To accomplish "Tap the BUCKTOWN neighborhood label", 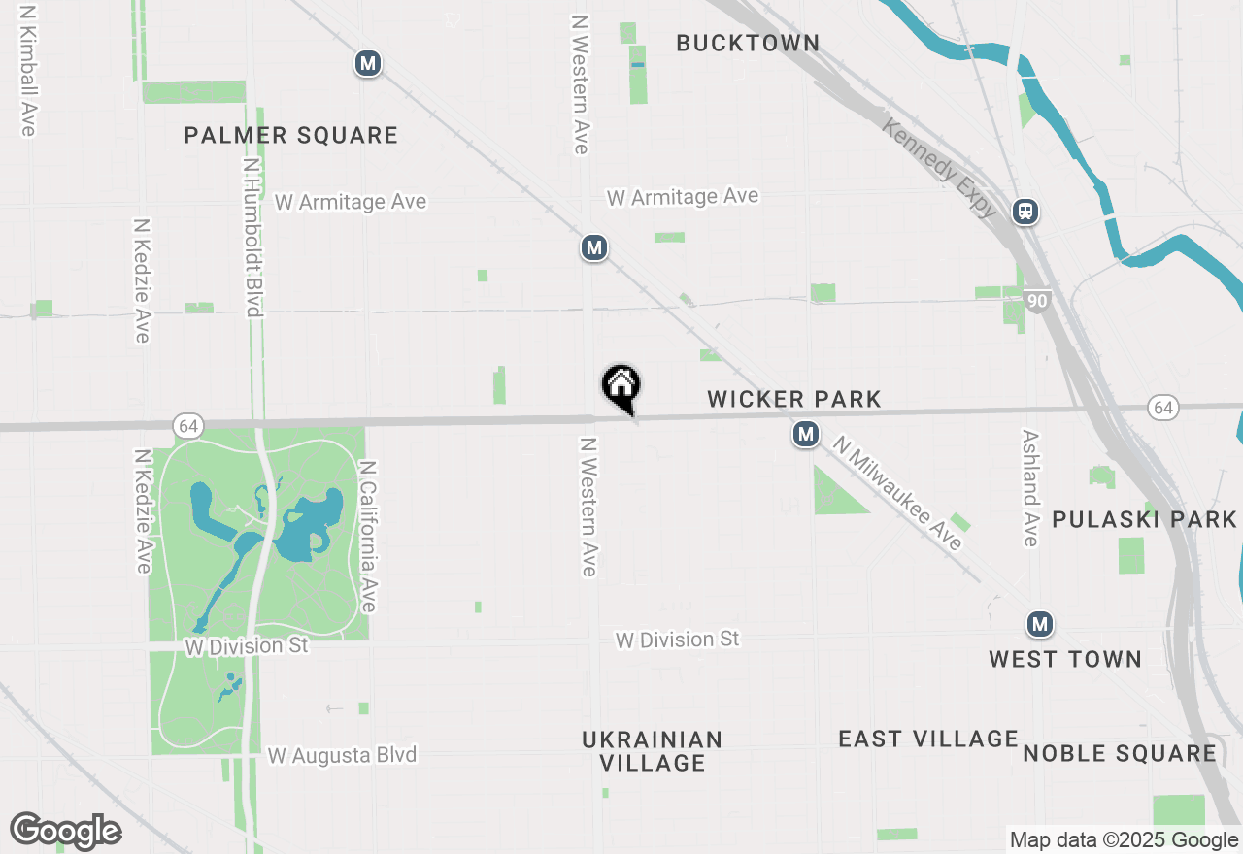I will [x=748, y=43].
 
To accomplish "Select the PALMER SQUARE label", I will [x=291, y=135].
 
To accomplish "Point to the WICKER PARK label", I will [x=794, y=399].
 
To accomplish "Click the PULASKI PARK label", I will [x=1145, y=519].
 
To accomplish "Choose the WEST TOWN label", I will [x=1065, y=659].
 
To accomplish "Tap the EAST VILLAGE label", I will [x=928, y=739].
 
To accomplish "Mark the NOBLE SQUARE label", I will [x=1120, y=753].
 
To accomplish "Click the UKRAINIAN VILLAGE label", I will [x=653, y=751].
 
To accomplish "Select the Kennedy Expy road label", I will [x=939, y=168].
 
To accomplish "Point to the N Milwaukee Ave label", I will [x=898, y=494].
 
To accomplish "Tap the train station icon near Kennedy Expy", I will [x=1025, y=211].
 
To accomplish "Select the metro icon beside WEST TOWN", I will [x=1040, y=623].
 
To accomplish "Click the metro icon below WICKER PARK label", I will [x=805, y=434].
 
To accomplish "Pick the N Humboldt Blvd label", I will [x=252, y=239].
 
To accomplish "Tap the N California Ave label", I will [x=367, y=536].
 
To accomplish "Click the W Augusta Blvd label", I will [x=342, y=754].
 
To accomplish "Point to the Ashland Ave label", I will [x=1030, y=488].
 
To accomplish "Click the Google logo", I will [x=66, y=832].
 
